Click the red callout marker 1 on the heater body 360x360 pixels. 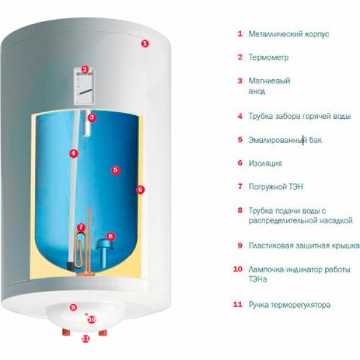point(144,43)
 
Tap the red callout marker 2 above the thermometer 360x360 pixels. point(85,70)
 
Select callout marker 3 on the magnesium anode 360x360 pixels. point(91,118)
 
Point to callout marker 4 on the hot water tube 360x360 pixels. point(73,153)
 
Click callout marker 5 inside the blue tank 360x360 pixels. point(115,170)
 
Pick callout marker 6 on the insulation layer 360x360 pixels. point(140,190)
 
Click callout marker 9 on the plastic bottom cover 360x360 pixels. point(73,307)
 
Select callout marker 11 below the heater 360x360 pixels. point(85,338)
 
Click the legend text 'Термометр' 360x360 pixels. point(268,58)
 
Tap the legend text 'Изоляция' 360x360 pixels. point(265,163)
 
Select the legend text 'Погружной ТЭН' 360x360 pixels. point(276,187)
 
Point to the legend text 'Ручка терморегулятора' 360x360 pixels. point(289,305)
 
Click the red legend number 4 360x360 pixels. point(239,116)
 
